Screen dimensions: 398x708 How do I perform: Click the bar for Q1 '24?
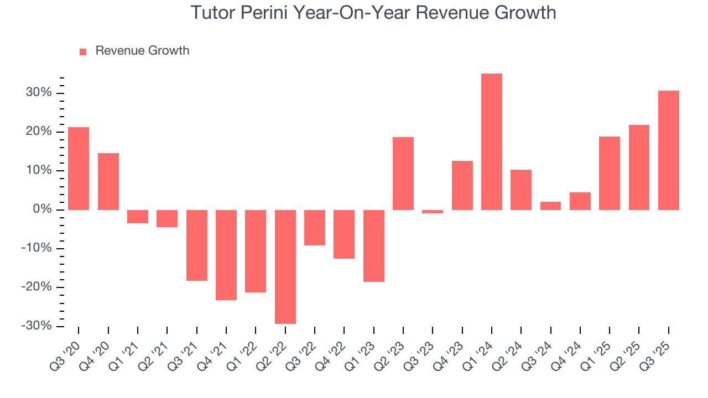492,142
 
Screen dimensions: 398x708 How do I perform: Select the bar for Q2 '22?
285,266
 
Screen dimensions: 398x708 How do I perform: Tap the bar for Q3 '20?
79,169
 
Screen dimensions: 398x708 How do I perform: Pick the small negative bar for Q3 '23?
433,212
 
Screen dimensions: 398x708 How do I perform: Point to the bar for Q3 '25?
669,150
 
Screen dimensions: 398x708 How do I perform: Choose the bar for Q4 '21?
226,255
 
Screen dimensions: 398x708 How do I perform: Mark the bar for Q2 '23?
403,174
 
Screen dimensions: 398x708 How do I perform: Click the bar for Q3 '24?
550,206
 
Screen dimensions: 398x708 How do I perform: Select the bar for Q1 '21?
138,217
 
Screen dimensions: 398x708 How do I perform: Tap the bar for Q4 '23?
462,185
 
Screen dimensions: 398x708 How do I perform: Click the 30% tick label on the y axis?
38,93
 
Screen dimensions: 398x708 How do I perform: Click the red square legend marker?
83,51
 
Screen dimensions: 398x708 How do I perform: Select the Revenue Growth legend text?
142,51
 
